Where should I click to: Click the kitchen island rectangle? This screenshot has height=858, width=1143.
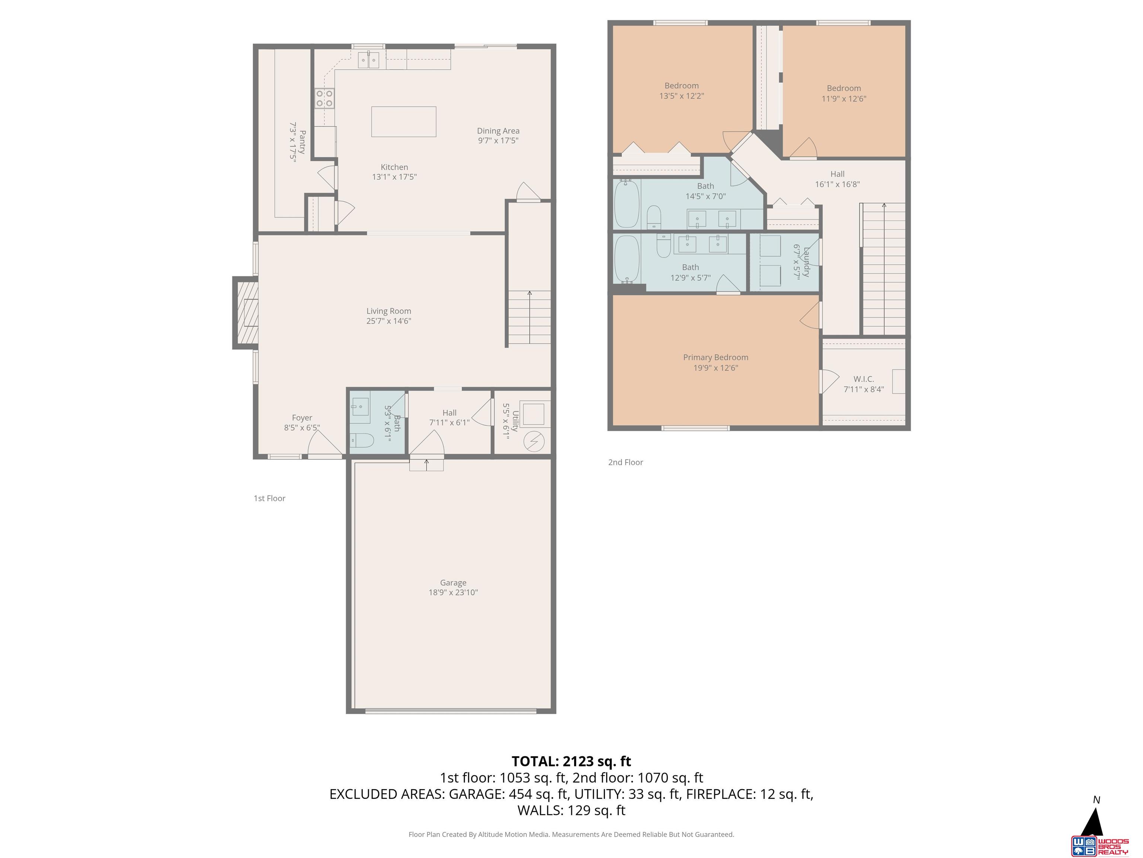point(404,121)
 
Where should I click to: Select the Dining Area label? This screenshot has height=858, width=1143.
point(497,131)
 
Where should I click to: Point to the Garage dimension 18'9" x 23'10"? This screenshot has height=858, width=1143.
point(453,592)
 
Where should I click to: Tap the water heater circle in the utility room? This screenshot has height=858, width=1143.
point(534,441)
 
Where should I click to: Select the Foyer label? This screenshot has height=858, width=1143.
point(302,417)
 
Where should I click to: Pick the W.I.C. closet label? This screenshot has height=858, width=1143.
point(864,379)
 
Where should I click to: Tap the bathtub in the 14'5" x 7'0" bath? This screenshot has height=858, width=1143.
point(626,203)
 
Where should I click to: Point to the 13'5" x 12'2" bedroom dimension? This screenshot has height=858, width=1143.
point(681,96)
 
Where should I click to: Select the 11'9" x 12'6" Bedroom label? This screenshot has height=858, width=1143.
point(843,88)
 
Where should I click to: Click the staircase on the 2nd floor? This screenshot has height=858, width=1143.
point(884,269)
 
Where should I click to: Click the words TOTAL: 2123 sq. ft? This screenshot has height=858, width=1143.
point(571,761)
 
